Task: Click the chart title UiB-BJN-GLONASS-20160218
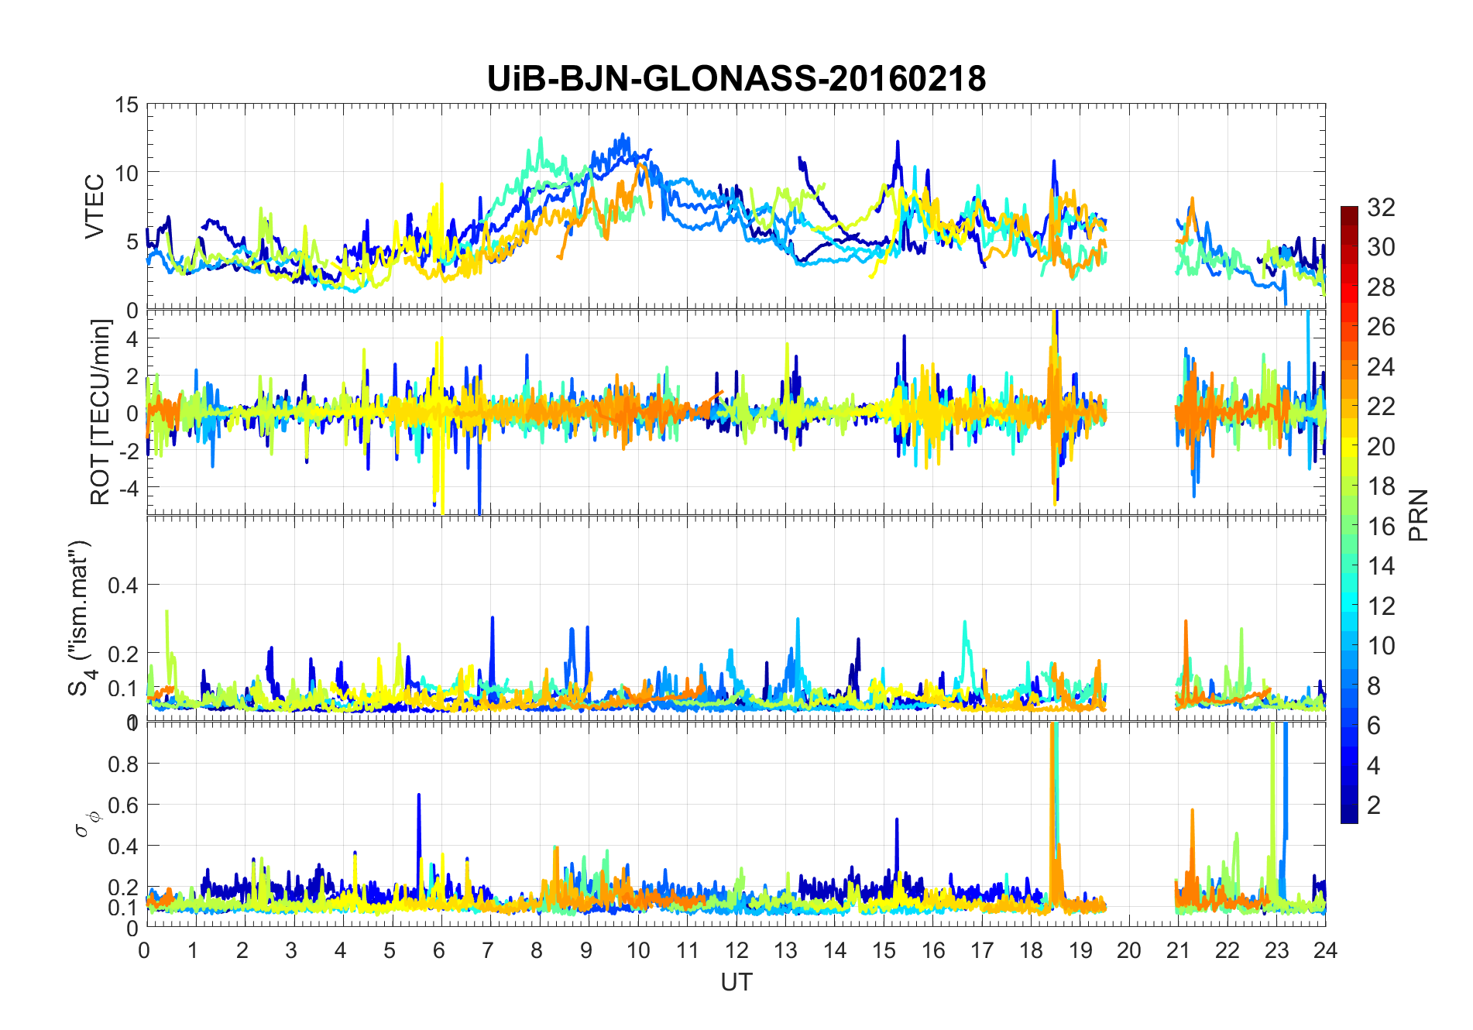(x=736, y=79)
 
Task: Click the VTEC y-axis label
(x=94, y=206)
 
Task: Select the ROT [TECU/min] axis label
(x=101, y=412)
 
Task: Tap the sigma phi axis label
(x=84, y=823)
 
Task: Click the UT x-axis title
(x=736, y=982)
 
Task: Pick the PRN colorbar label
(x=1418, y=515)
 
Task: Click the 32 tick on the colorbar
(x=1381, y=208)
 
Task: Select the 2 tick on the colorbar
(x=1374, y=805)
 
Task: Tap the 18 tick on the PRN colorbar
(x=1381, y=486)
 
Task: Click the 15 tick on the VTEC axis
(x=126, y=105)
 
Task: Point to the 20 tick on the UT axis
(x=1128, y=950)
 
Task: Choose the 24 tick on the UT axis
(x=1325, y=950)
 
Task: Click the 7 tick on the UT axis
(x=488, y=950)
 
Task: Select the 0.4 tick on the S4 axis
(x=122, y=585)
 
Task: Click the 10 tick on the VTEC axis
(x=126, y=173)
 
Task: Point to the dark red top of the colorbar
(x=1349, y=212)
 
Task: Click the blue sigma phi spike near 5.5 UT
(x=419, y=798)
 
